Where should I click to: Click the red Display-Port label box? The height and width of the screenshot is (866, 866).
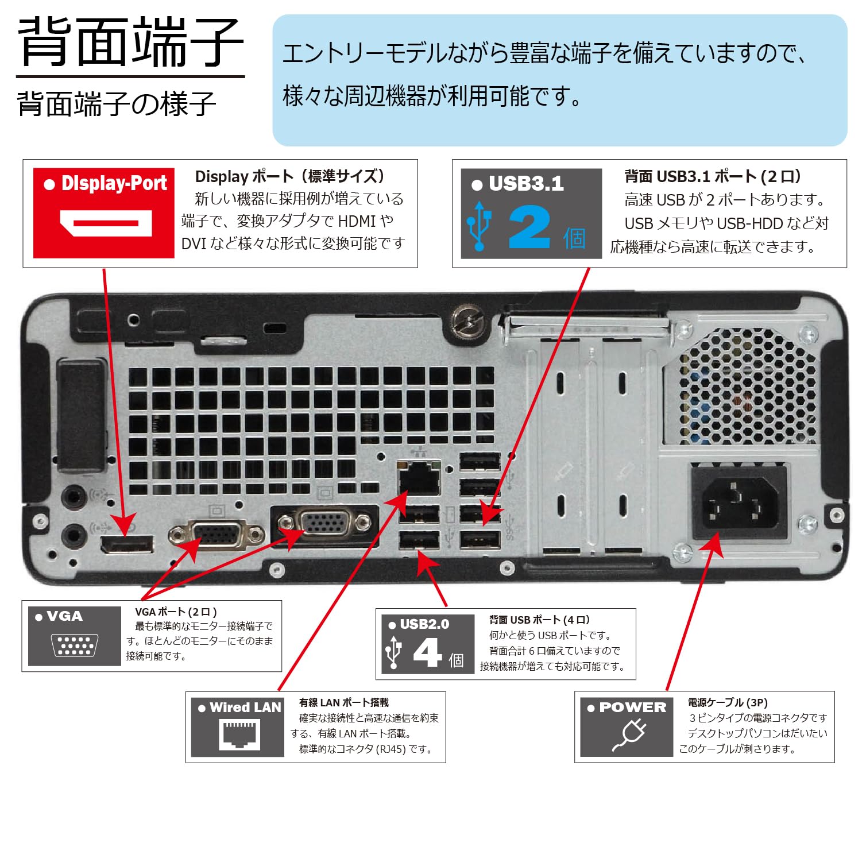pos(103,212)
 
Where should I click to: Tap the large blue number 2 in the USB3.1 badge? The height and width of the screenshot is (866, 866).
pos(529,228)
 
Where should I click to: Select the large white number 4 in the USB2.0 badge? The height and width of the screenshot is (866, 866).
pos(427,653)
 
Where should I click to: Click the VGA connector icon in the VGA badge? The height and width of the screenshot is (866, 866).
pos(75,645)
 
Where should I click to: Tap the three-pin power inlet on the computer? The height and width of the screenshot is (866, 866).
pos(734,504)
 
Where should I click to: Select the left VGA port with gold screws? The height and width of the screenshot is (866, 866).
pos(216,534)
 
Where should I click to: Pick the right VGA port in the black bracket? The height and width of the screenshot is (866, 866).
pos(324,523)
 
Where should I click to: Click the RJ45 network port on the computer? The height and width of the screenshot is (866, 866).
pos(419,478)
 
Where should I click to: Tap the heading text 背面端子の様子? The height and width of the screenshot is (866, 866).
pos(117,104)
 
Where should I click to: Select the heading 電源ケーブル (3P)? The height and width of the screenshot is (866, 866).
pos(727,702)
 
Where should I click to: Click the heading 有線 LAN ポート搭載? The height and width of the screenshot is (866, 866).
pos(343,702)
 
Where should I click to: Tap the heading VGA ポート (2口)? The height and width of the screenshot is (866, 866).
pos(176,612)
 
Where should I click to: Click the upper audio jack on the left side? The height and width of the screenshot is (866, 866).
pos(73,496)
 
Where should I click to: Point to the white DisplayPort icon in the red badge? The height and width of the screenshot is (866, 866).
pos(106,223)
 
